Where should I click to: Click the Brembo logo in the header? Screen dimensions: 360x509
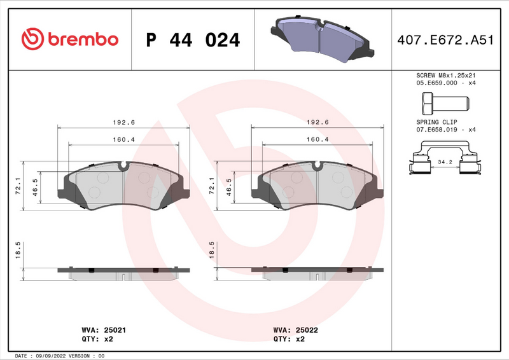click(x=70, y=39)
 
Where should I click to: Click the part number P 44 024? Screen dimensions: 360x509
click(x=193, y=40)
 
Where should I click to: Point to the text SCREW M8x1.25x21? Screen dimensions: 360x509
click(x=446, y=74)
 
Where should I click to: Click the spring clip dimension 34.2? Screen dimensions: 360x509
click(x=445, y=162)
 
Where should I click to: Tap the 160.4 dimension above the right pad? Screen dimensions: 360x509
click(x=317, y=140)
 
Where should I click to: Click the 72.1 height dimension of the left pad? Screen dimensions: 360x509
click(x=18, y=184)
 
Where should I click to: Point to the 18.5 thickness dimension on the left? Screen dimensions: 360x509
click(x=18, y=249)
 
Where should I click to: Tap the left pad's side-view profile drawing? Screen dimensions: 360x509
click(x=123, y=270)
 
